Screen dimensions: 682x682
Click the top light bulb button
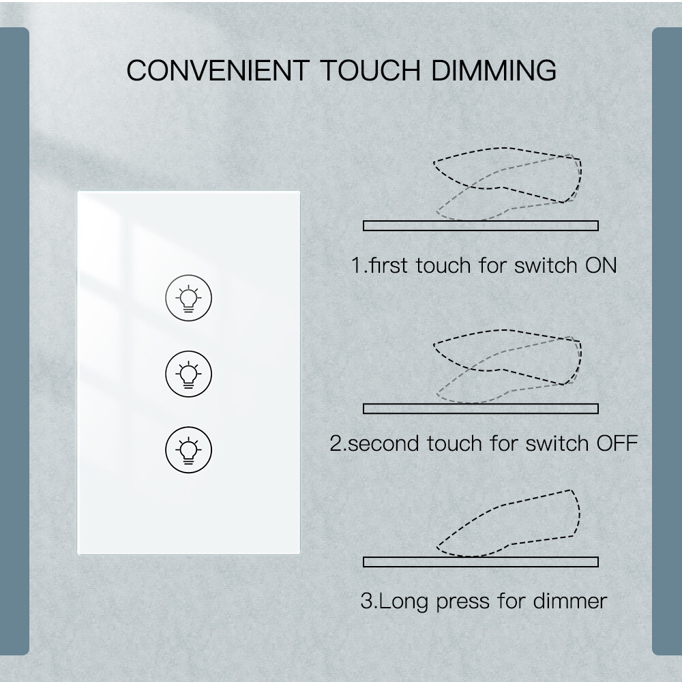pyautogui.click(x=189, y=299)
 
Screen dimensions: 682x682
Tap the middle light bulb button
pyautogui.click(x=189, y=373)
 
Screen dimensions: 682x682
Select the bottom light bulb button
pyautogui.click(x=189, y=449)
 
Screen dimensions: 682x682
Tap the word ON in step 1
pyautogui.click(x=601, y=265)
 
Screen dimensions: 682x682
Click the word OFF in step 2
pyautogui.click(x=617, y=444)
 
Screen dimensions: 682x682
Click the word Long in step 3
pyautogui.click(x=402, y=602)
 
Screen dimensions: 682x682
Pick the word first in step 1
pyautogui.click(x=388, y=265)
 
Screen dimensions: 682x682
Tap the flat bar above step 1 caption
pyautogui.click(x=481, y=226)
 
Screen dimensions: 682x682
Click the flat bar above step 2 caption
pyautogui.click(x=481, y=409)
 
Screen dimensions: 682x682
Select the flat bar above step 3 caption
pyautogui.click(x=481, y=562)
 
